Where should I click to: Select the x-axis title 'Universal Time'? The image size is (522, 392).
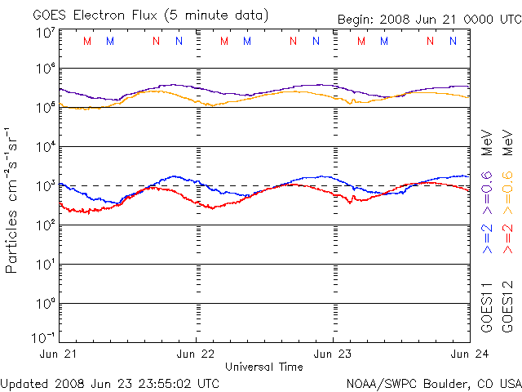pyautogui.click(x=263, y=367)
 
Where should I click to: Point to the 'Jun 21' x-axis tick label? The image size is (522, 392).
pyautogui.click(x=58, y=355)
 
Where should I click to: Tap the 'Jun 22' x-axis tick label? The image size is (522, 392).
pyautogui.click(x=196, y=355)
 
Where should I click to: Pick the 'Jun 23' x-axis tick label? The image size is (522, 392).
pyautogui.click(x=333, y=355)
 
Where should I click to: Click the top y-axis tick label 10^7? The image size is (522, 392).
pyautogui.click(x=45, y=32)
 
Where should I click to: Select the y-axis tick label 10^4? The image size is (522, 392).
pyautogui.click(x=45, y=147)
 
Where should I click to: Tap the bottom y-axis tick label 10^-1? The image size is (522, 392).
pyautogui.click(x=43, y=337)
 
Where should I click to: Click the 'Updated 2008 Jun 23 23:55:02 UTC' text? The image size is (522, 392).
pyautogui.click(x=109, y=382)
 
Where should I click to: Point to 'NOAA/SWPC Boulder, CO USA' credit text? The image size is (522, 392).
pyautogui.click(x=433, y=382)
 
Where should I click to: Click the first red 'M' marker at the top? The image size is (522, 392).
pyautogui.click(x=88, y=41)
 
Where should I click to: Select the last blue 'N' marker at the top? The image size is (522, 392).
pyautogui.click(x=453, y=41)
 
